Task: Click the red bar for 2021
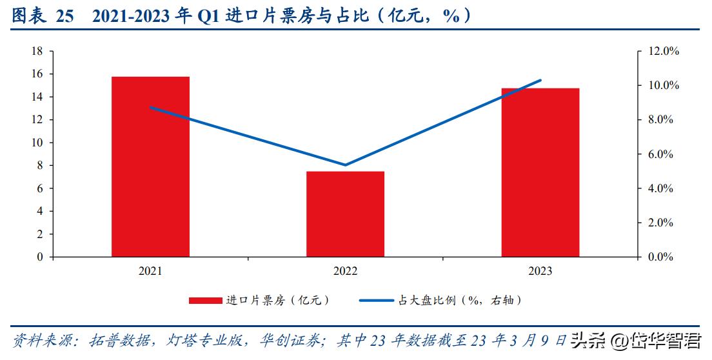coord(150,166)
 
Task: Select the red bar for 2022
coord(345,214)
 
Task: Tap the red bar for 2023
coord(540,172)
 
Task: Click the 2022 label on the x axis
coord(345,271)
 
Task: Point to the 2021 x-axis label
coord(150,271)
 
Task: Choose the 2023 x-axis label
coord(540,271)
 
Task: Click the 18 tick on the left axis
coord(38,51)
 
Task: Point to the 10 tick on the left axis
coord(38,143)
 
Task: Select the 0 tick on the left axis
coord(41,257)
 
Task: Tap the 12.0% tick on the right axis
coord(659,51)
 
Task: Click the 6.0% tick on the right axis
coord(659,154)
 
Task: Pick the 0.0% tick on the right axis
coord(659,257)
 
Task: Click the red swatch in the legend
coord(204,301)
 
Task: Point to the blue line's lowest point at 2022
coord(345,165)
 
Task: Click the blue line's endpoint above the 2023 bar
coord(540,80)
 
